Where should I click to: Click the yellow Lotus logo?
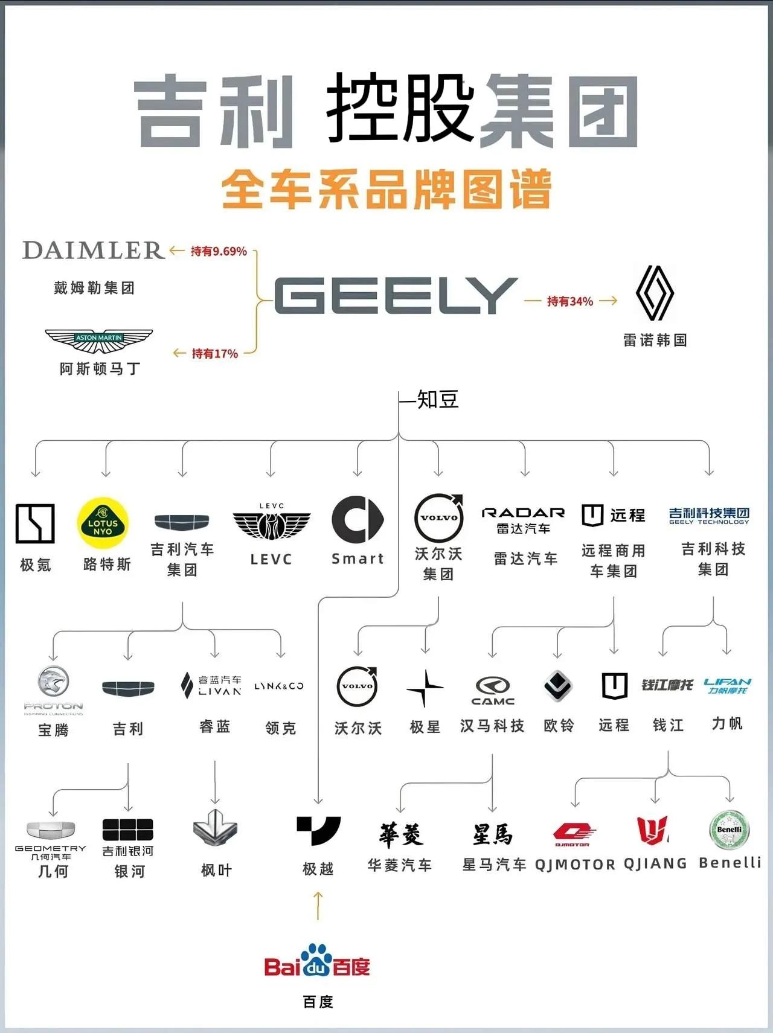point(103,523)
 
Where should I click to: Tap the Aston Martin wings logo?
point(99,341)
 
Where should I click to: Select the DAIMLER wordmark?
point(93,250)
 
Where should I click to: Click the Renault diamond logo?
point(655,293)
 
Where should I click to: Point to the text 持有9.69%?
point(219,251)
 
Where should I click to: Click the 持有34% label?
point(570,301)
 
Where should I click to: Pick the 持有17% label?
point(215,353)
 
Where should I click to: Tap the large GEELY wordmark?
point(396,296)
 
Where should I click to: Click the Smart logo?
point(358,520)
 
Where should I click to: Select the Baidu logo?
point(317,961)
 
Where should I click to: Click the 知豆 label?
point(438,400)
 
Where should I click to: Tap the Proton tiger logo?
point(53,682)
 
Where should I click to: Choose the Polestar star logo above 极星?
point(425,688)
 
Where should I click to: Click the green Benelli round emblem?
point(730,830)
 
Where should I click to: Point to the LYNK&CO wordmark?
point(278,686)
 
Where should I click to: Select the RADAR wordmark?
point(523,513)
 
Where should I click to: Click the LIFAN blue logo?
point(727,685)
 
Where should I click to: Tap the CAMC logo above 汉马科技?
point(493,691)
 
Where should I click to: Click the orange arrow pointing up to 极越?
point(318,906)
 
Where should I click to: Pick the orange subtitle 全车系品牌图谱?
point(386,189)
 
